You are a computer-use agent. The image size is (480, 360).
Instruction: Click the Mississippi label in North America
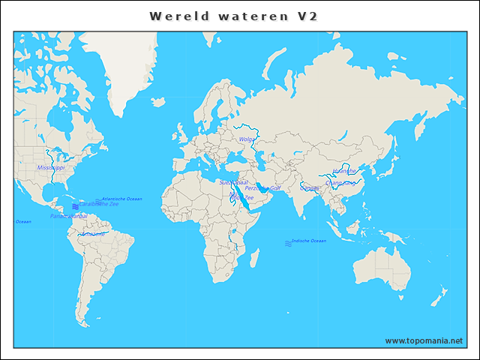pos(50,168)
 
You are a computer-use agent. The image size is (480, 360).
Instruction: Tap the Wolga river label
pos(247,139)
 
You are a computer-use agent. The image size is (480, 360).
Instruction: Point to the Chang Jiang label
pos(340,181)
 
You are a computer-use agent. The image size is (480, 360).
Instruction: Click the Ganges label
pos(309,188)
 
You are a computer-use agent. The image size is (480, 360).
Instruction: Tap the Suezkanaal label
pos(233,181)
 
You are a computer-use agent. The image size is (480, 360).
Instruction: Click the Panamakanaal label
pos(68,216)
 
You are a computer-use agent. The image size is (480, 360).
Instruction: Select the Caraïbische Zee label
pos(99,204)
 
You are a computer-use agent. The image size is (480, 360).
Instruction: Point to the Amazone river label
pos(93,234)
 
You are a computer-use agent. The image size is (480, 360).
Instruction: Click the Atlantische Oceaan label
pos(121,199)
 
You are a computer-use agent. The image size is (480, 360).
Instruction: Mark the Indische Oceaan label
pos(309,241)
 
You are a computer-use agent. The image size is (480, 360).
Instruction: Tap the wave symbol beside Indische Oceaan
pos(288,243)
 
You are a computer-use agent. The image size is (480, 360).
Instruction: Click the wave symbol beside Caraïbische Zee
pos(75,206)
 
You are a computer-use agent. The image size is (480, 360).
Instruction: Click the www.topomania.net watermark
pos(424,341)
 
